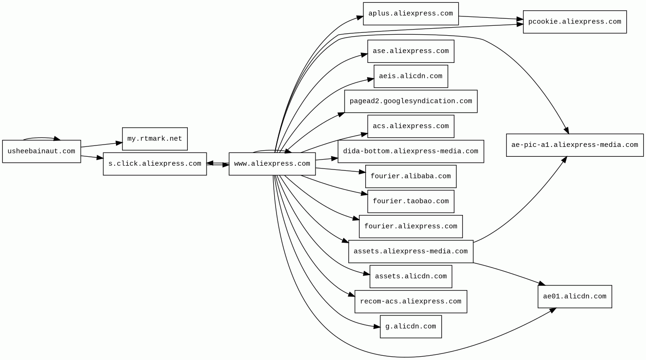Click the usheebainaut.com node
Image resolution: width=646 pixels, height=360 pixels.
click(x=41, y=152)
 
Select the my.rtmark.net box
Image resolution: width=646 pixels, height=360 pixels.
click(x=154, y=139)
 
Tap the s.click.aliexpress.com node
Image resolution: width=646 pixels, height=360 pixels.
click(x=154, y=164)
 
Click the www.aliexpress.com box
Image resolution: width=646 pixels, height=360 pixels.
click(x=272, y=164)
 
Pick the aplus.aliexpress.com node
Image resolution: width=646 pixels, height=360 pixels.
click(x=410, y=14)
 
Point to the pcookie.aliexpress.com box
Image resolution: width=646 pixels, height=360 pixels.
click(x=574, y=22)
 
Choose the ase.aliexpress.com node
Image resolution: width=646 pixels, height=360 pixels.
click(x=410, y=51)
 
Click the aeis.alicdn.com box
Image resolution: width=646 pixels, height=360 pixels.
click(x=410, y=76)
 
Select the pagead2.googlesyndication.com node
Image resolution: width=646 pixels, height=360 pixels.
click(x=410, y=101)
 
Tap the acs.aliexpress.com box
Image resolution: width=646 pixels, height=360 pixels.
click(x=410, y=126)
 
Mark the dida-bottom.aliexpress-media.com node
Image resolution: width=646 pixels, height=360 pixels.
click(x=410, y=152)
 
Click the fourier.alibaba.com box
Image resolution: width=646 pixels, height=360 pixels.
click(x=410, y=176)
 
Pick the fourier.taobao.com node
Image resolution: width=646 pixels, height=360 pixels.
click(x=410, y=201)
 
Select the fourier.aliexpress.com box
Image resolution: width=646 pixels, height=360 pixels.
click(x=410, y=227)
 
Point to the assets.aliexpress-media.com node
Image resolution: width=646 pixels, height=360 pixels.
click(x=410, y=252)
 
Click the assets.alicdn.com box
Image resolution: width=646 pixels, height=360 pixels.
click(x=410, y=276)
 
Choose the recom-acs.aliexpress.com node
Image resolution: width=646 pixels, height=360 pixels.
click(x=410, y=301)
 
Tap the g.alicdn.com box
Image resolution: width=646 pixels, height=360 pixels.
click(x=410, y=327)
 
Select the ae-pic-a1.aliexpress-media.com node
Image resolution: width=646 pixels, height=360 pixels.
click(x=574, y=145)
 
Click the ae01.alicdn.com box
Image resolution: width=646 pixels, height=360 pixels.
click(x=574, y=297)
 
